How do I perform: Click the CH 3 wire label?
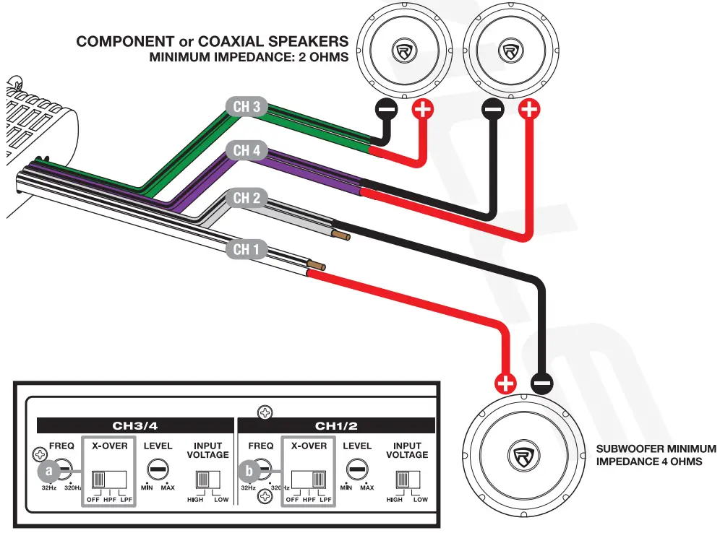pyautogui.click(x=247, y=107)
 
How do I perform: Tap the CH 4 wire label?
pyautogui.click(x=247, y=151)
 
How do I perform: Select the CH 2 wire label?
pyautogui.click(x=247, y=198)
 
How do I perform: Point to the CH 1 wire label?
pyautogui.click(x=247, y=250)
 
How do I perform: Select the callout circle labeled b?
pyautogui.click(x=249, y=472)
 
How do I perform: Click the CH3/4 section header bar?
pyautogui.click(x=137, y=426)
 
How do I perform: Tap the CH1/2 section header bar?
pyautogui.click(x=338, y=426)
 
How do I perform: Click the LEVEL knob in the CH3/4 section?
pyautogui.click(x=158, y=468)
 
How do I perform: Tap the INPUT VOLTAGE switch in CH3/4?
pyautogui.click(x=207, y=480)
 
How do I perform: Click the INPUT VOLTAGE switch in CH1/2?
pyautogui.click(x=406, y=480)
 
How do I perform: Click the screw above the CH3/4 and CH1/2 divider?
pyautogui.click(x=266, y=413)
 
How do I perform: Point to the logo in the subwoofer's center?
pyautogui.click(x=522, y=457)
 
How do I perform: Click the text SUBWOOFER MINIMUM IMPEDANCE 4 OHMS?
pyautogui.click(x=656, y=455)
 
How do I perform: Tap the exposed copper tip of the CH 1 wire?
pyautogui.click(x=317, y=266)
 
